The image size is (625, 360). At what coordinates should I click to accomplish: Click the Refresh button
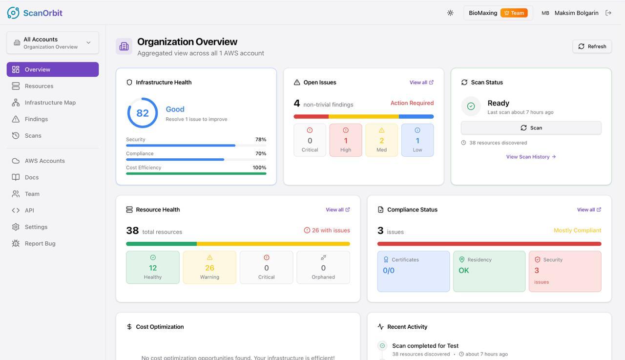pyautogui.click(x=592, y=46)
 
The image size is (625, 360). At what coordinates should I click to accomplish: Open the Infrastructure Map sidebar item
pyautogui.click(x=50, y=103)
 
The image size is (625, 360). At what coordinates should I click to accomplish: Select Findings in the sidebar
pyautogui.click(x=36, y=119)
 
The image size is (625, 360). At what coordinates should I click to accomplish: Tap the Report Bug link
pyautogui.click(x=40, y=243)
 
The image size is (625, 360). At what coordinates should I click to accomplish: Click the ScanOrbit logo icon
pyautogui.click(x=13, y=13)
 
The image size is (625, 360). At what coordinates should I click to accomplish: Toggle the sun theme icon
pyautogui.click(x=450, y=13)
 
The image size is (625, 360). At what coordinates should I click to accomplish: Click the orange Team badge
pyautogui.click(x=514, y=13)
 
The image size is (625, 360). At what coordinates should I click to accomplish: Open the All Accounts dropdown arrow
pyautogui.click(x=88, y=42)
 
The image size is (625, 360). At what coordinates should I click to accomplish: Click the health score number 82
pyautogui.click(x=143, y=113)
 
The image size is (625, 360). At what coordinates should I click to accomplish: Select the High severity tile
pyautogui.click(x=346, y=140)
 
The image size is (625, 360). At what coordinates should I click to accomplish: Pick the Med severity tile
pyautogui.click(x=381, y=140)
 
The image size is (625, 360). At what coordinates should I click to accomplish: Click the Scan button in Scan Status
pyautogui.click(x=531, y=127)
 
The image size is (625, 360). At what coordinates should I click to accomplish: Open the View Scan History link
pyautogui.click(x=531, y=157)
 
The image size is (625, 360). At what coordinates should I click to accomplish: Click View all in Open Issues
pyautogui.click(x=421, y=83)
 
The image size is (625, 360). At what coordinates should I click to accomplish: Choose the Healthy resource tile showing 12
pyautogui.click(x=153, y=267)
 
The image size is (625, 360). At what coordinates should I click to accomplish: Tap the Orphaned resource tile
pyautogui.click(x=323, y=267)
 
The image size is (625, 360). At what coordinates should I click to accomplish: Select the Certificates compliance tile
pyautogui.click(x=413, y=271)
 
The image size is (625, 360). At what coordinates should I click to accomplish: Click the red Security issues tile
pyautogui.click(x=565, y=271)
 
